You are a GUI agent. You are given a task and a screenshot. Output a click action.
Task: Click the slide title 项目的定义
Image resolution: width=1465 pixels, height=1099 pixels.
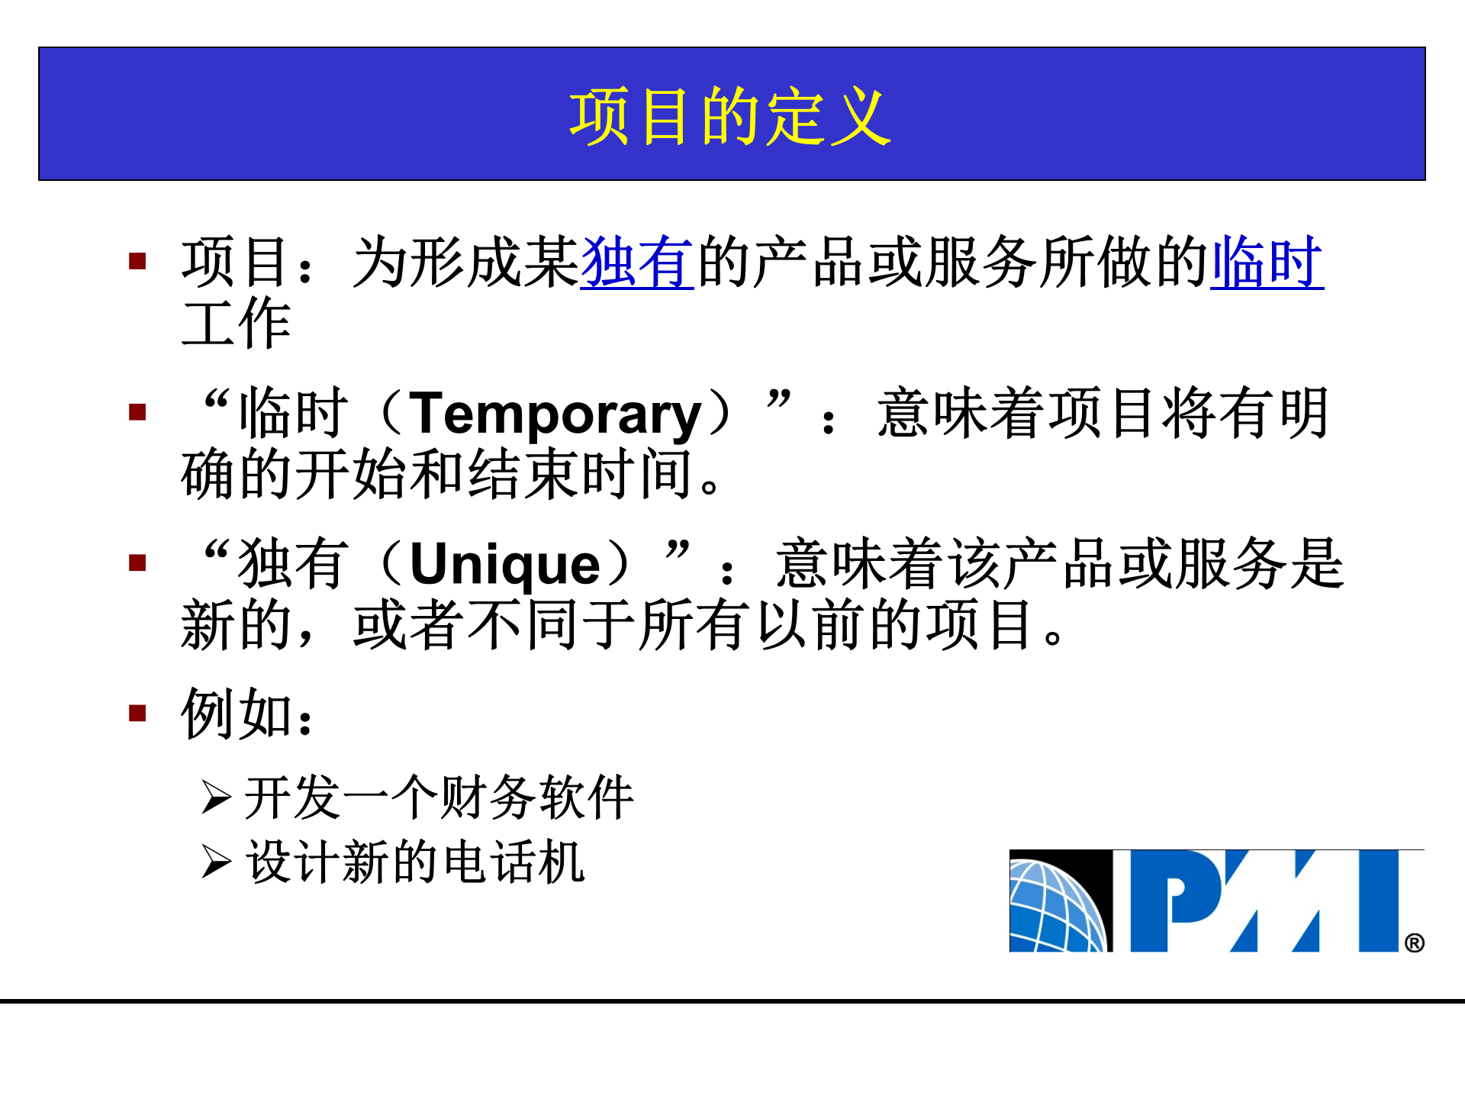pos(730,116)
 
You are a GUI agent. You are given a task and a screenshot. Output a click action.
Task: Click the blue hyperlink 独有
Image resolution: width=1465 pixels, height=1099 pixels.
pos(636,263)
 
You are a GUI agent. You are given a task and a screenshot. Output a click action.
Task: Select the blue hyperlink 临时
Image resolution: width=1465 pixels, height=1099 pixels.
pos(1267,263)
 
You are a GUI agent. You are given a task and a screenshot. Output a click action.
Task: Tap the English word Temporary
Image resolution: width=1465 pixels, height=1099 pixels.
pos(555,414)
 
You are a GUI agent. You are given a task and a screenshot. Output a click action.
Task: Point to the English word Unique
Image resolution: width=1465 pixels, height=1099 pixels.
pos(505,565)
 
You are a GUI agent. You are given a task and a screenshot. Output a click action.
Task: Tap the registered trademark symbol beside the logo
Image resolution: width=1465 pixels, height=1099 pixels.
pos(1414,943)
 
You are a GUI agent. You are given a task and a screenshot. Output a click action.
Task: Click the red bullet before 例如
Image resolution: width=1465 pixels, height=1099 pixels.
pos(137,714)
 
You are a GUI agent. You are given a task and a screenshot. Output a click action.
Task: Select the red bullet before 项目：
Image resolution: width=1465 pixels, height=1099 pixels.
pos(137,262)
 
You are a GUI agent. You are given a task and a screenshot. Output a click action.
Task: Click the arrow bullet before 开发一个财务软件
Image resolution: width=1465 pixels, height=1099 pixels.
pos(216,798)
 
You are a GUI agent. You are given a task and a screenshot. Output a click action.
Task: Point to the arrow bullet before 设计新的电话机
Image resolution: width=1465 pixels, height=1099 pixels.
pos(216,862)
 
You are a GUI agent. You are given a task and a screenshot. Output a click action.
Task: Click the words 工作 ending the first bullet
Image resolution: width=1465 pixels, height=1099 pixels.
pos(236,324)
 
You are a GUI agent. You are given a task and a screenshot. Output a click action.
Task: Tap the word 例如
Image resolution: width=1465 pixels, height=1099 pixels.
pos(237,714)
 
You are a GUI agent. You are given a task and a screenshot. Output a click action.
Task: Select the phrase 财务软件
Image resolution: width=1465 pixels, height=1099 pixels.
pos(537,798)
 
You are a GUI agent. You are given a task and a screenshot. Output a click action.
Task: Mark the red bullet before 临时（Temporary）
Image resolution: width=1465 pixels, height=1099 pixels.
pos(137,412)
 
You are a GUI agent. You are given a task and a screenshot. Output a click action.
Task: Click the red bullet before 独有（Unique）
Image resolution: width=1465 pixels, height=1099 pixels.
pos(137,563)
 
